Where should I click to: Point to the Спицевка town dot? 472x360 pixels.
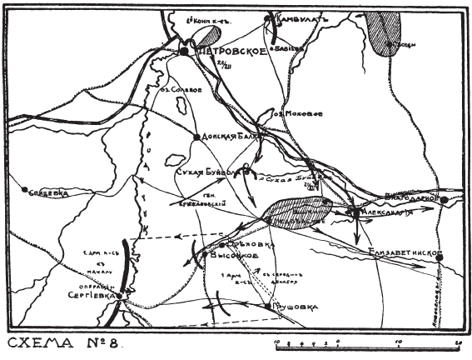pyautogui.click(x=26, y=190)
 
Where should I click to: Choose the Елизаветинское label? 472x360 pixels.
pyautogui.click(x=406, y=254)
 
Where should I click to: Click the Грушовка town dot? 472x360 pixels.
pyautogui.click(x=268, y=306)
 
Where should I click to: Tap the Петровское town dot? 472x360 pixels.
pyautogui.click(x=184, y=51)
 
